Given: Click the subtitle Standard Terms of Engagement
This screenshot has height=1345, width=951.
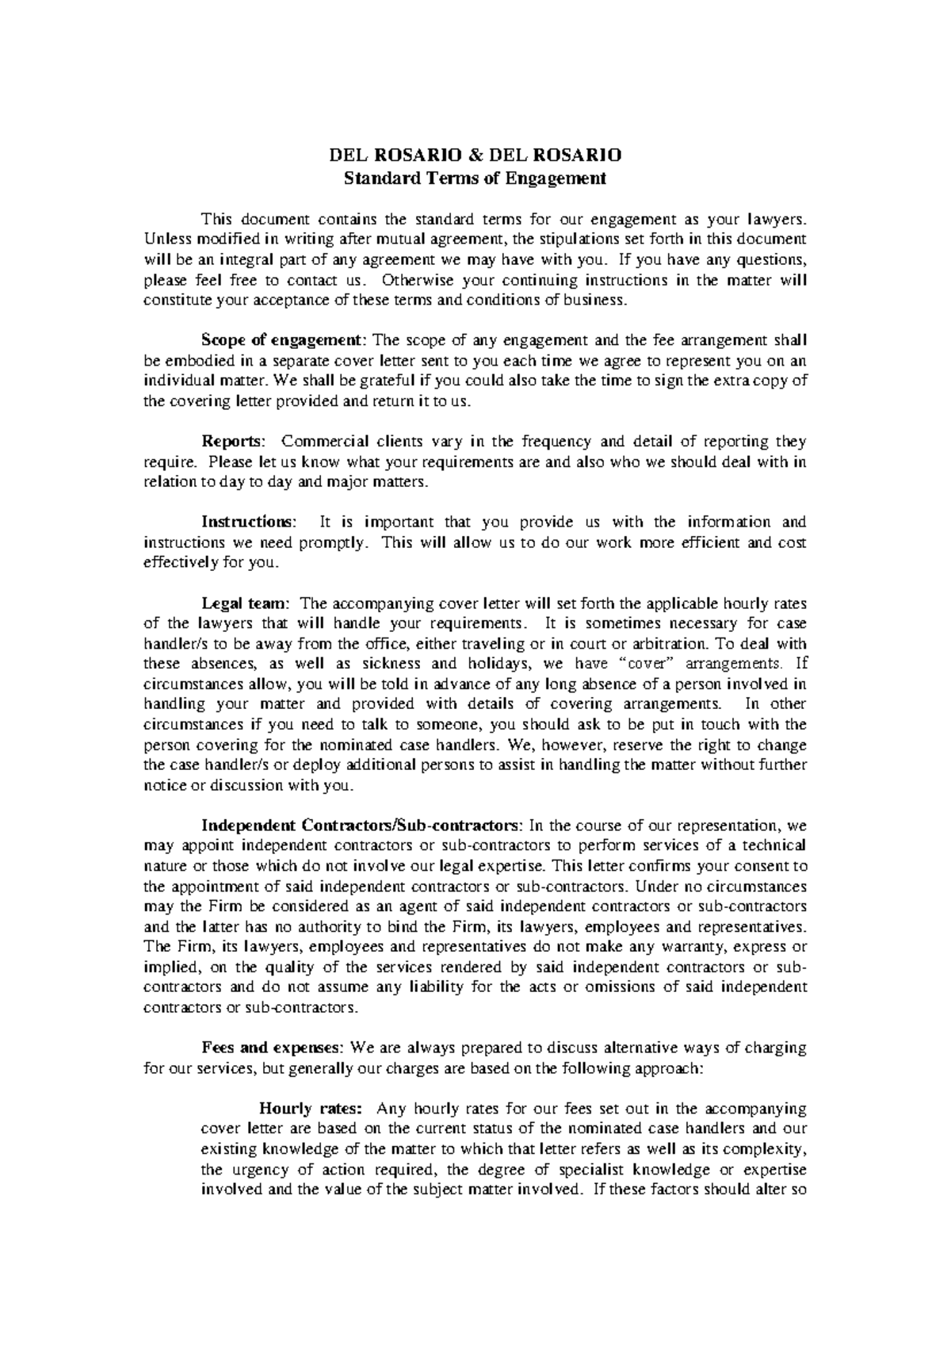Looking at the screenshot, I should (x=475, y=178).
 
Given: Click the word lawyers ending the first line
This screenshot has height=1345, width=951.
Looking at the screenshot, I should (x=777, y=219).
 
